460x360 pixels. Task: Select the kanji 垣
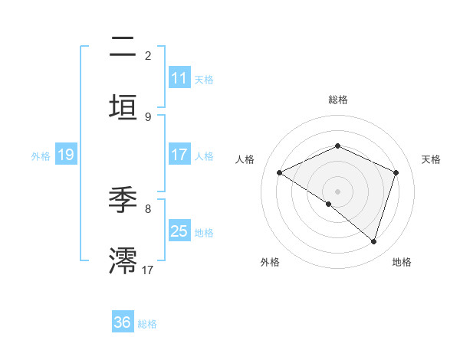123,107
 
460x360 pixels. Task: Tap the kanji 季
123,201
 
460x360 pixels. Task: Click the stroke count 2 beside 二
148,56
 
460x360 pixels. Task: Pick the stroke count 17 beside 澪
148,270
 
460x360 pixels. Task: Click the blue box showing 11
179,78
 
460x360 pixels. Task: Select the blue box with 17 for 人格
179,155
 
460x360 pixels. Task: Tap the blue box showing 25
179,231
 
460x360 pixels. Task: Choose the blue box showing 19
65,155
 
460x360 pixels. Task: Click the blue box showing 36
123,322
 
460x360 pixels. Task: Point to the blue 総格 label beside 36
147,324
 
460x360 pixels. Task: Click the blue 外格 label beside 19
41,156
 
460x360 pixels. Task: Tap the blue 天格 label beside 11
204,79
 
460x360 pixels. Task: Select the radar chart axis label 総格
337,100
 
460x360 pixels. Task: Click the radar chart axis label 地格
402,262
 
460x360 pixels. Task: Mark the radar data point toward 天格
396,172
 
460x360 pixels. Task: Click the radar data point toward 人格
280,173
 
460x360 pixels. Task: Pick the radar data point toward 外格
328,205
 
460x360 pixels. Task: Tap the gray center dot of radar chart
337,191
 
